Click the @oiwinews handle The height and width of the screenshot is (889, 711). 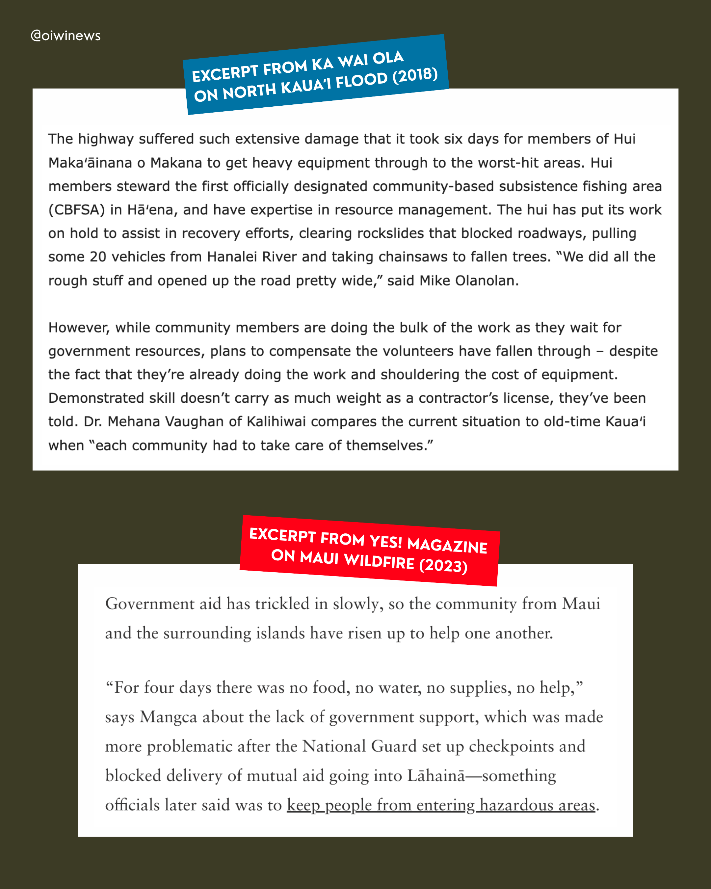(66, 36)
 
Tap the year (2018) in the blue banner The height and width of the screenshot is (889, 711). (415, 75)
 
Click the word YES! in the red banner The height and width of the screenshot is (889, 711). (385, 541)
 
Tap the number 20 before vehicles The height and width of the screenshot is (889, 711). (98, 257)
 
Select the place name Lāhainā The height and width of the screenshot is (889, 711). (436, 776)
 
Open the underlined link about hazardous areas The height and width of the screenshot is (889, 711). (441, 805)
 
